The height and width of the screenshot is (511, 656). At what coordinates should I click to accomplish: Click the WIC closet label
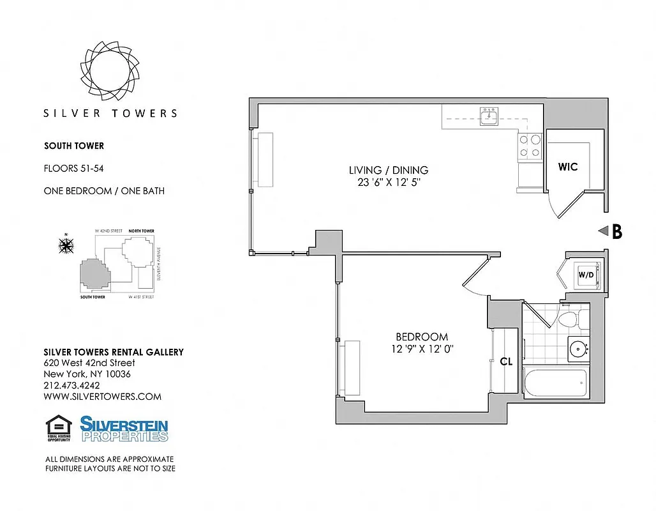tap(567, 167)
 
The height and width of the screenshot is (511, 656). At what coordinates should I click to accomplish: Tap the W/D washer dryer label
tap(586, 275)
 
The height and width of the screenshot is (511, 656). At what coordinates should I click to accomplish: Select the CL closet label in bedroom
tap(506, 362)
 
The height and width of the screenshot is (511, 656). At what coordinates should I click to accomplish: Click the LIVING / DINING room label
tap(388, 170)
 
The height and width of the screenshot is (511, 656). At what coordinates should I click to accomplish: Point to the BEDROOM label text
tap(421, 337)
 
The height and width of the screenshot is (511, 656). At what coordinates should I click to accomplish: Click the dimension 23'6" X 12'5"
tap(388, 182)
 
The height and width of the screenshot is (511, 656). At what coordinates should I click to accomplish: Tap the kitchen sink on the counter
tap(489, 114)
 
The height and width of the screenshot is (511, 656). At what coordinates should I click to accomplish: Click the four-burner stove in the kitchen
tap(529, 146)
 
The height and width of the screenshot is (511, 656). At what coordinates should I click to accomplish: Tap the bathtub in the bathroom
tap(554, 384)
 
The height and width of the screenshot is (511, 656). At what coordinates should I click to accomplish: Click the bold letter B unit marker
tap(616, 232)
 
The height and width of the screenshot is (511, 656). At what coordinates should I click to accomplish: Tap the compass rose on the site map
tap(65, 245)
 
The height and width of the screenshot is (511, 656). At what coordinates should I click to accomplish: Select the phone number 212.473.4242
tap(71, 385)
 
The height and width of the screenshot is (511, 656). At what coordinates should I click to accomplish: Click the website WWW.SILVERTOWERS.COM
tap(102, 396)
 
